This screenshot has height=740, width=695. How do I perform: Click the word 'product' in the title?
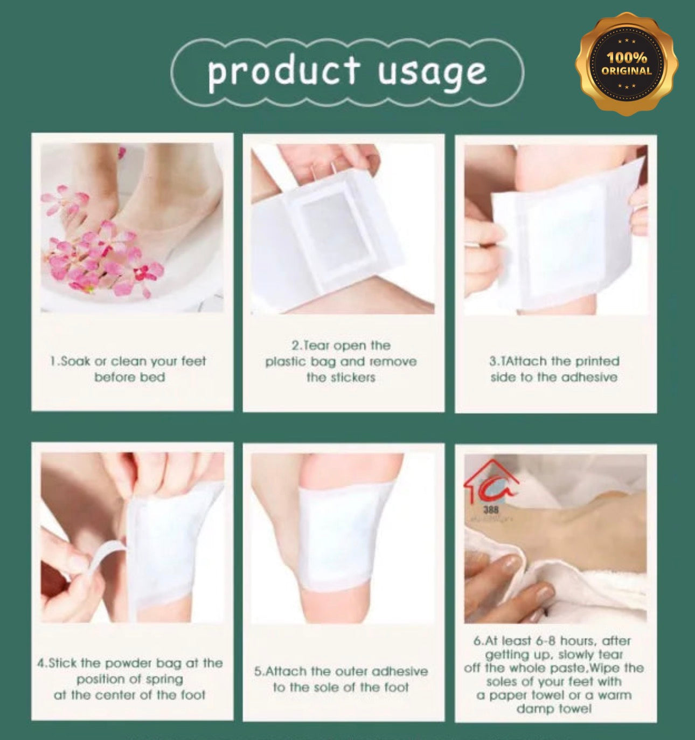(x=283, y=71)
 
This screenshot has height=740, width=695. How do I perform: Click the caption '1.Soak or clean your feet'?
(x=128, y=361)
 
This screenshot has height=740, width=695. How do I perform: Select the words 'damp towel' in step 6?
(x=554, y=708)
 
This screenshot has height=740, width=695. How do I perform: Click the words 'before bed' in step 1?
(x=129, y=377)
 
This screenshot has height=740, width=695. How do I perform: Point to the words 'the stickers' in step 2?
(x=340, y=377)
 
